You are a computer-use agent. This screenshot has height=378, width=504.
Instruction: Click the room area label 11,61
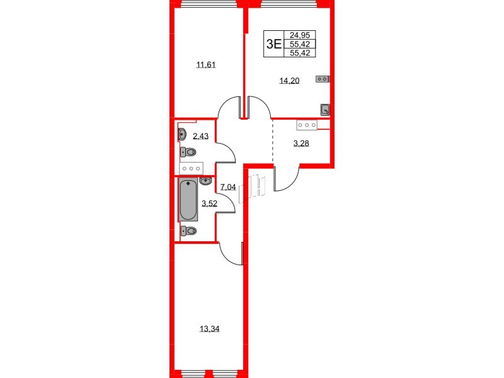click(x=206, y=64)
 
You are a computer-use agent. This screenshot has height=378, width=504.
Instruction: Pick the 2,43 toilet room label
click(x=200, y=135)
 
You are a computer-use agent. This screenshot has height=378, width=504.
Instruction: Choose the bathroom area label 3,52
click(x=209, y=203)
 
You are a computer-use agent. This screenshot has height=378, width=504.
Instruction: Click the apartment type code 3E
click(x=273, y=43)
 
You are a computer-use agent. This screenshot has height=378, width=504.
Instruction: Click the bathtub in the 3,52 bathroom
click(x=188, y=200)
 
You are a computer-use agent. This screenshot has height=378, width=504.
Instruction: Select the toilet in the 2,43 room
click(x=188, y=152)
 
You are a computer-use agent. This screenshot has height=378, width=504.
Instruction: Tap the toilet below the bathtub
click(x=188, y=231)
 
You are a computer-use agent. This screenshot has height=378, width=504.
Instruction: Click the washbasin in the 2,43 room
click(x=183, y=134)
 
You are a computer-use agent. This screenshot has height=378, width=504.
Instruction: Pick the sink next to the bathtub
click(x=205, y=181)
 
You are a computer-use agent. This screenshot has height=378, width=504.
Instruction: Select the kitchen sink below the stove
click(x=325, y=109)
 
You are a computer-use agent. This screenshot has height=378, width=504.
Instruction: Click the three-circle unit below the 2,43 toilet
click(x=190, y=168)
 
